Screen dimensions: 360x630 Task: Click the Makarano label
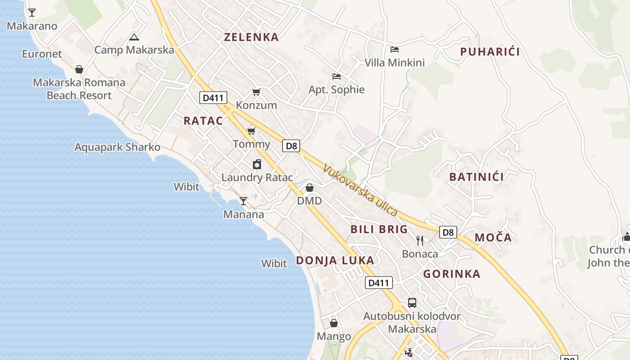tap(32, 26)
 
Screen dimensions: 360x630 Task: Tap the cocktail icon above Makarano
tap(32, 12)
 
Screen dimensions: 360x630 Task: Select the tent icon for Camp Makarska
tap(134, 37)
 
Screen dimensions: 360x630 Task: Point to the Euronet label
tap(42, 54)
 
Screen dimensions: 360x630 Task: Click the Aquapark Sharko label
tap(117, 147)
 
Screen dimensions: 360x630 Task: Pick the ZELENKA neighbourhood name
tap(252, 37)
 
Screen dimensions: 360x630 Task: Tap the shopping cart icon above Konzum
tap(256, 92)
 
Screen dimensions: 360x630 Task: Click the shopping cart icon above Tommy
tap(251, 131)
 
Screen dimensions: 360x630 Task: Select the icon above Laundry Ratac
tap(256, 164)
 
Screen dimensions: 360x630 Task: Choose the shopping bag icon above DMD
tap(309, 188)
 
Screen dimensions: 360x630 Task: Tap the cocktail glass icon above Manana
tap(243, 201)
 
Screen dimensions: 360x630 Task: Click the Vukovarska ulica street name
tap(360, 190)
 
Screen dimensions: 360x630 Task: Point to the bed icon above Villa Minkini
tap(395, 49)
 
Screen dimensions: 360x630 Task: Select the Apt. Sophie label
tap(337, 90)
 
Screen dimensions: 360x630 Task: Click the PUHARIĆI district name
tap(490, 52)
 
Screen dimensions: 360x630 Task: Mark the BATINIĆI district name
tap(477, 177)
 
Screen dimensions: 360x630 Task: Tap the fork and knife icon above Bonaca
tap(420, 241)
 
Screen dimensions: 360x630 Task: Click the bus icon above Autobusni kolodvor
tap(412, 302)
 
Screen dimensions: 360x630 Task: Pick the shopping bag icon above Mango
tap(334, 323)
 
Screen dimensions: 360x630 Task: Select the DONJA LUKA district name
tap(335, 260)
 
